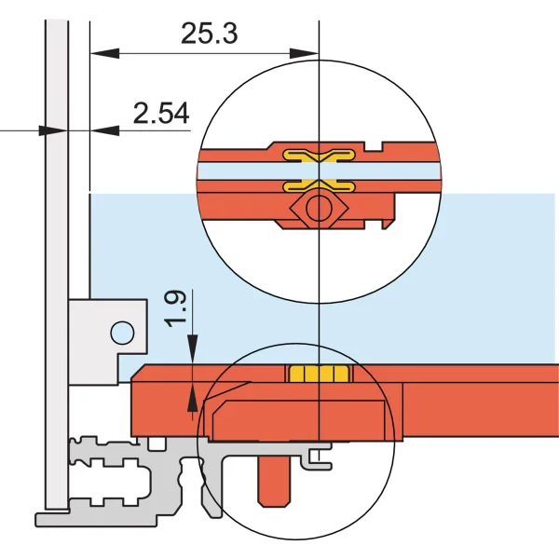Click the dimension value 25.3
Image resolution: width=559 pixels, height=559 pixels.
(x=210, y=34)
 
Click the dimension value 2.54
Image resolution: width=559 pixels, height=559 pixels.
(x=161, y=114)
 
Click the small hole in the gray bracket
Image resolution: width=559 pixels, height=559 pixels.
(x=121, y=331)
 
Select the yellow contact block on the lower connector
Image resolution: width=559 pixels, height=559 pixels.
(x=318, y=374)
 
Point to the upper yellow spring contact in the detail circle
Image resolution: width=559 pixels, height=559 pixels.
(x=319, y=155)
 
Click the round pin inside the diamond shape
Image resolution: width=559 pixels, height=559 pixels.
(x=319, y=207)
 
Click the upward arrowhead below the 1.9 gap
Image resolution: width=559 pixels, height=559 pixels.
(x=193, y=398)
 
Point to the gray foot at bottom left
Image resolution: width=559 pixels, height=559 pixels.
(x=56, y=515)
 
